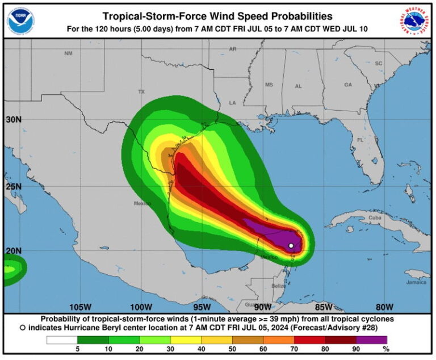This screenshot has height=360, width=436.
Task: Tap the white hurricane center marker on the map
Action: [291, 246]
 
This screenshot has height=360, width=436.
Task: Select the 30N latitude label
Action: [14, 120]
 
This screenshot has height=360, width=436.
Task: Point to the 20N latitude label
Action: [14, 250]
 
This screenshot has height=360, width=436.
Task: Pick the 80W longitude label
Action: [384, 307]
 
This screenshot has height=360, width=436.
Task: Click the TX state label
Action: [141, 91]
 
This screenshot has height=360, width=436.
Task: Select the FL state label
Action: [360, 140]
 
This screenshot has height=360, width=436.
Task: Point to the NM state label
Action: [69, 53]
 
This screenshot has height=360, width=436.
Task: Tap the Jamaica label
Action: [416, 282]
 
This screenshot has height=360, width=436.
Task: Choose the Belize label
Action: [278, 286]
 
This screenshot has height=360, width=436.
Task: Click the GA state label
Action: [348, 85]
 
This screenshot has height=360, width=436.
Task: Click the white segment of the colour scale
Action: [62, 340]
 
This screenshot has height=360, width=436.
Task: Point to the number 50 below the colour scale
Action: [232, 349]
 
